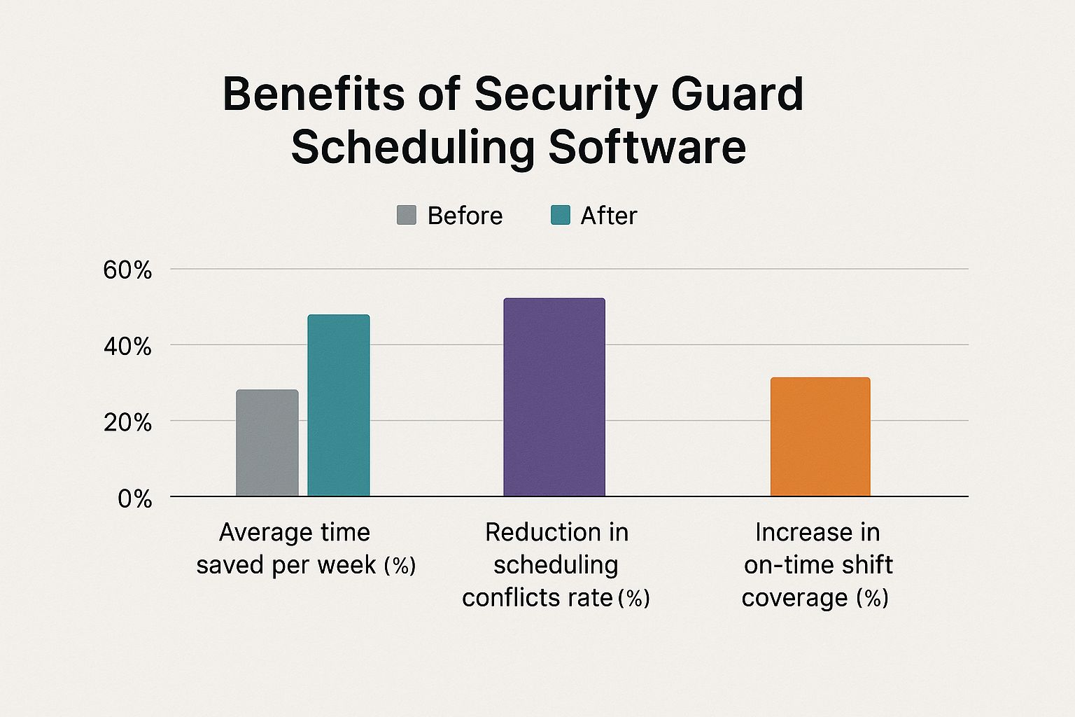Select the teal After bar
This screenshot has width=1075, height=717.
339,405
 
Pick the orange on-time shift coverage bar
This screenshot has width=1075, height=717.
820,437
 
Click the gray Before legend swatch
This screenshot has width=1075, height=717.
407,215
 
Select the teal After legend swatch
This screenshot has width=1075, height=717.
561,215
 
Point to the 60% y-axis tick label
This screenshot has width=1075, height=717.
127,270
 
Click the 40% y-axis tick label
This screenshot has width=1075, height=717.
127,347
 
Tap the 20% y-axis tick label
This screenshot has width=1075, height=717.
127,423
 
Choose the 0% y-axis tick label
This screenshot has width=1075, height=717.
134,499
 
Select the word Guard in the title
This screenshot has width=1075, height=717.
737,95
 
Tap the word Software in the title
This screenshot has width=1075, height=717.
647,148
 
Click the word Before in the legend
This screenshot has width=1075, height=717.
465,216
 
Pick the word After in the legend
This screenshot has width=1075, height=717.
609,216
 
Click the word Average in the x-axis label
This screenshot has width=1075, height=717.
256,533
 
